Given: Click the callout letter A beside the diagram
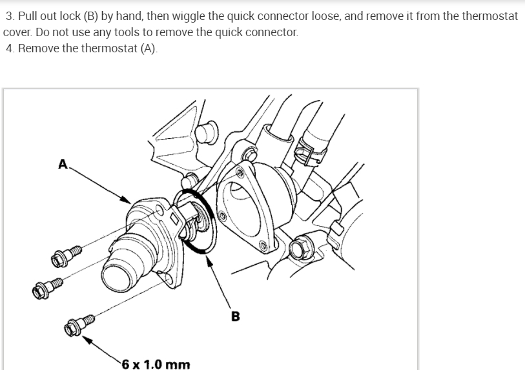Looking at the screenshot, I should click(63, 164).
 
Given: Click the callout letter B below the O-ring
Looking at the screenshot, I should click(234, 316).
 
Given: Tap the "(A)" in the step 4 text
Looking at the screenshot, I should click(147, 49).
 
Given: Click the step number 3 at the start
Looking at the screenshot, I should click(9, 15).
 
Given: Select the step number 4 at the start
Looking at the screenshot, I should click(9, 49).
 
